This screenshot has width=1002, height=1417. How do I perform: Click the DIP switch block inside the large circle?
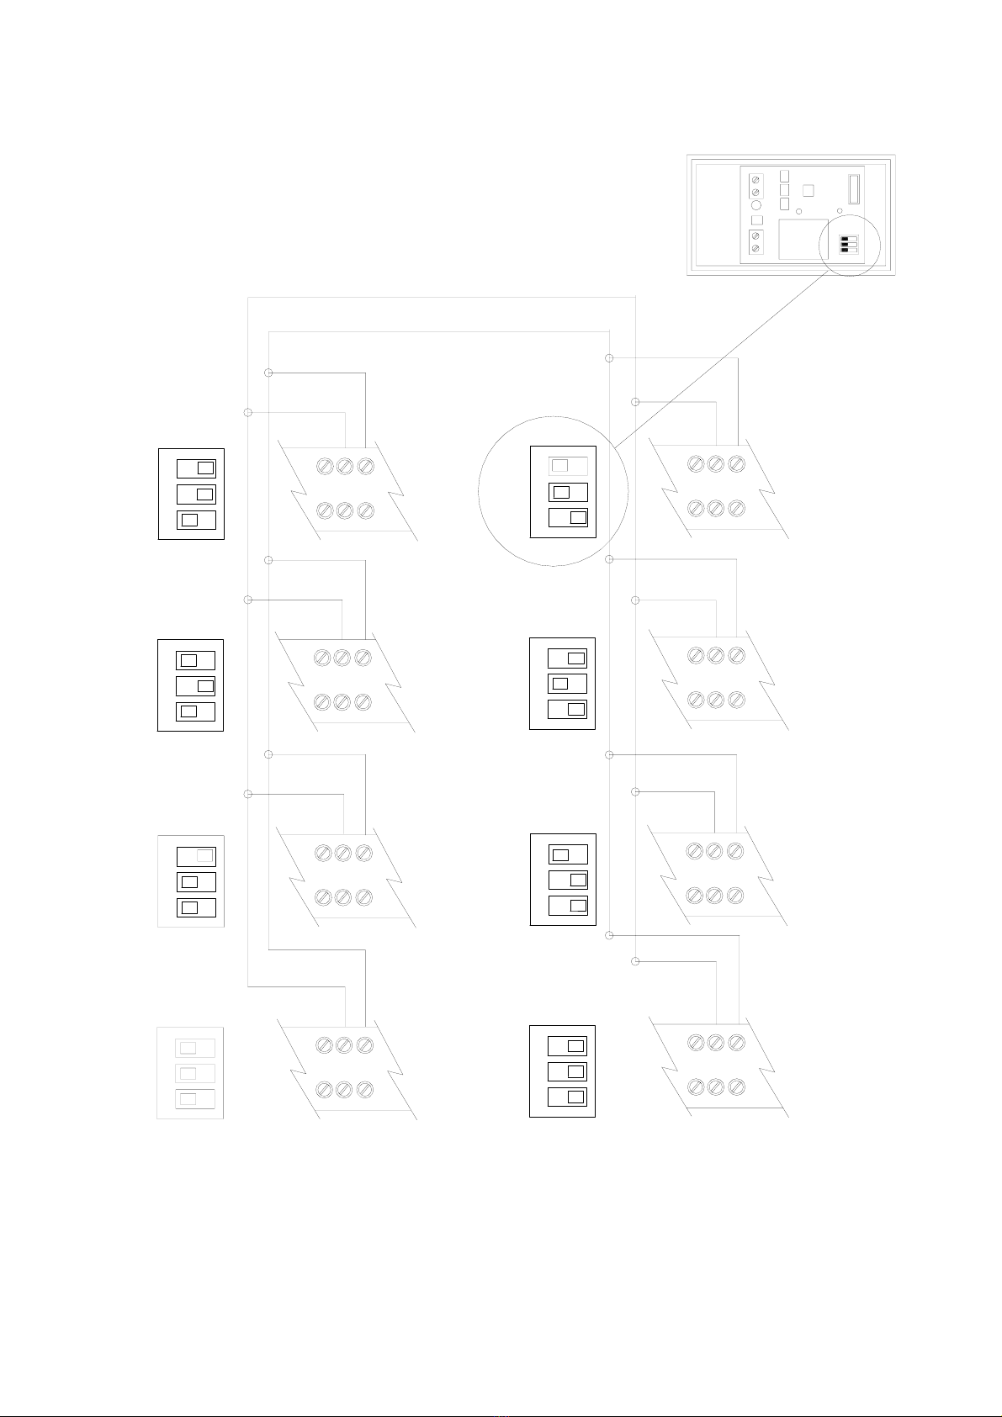coord(563,492)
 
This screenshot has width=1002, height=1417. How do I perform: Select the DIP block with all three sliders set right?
coord(562,1071)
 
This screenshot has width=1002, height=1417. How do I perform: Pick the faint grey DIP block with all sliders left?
coord(190,1073)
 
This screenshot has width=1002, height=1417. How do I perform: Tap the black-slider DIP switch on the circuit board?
coord(849,244)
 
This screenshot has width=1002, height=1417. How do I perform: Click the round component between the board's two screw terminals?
coord(755,205)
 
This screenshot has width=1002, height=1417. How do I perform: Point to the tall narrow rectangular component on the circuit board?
coord(853,188)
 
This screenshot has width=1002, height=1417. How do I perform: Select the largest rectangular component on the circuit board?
coord(803,240)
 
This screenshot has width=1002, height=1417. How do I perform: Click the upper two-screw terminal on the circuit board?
coord(755,186)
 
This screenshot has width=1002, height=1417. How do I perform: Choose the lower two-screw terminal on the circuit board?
coord(755,241)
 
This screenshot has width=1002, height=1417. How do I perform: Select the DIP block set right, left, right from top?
coord(562,684)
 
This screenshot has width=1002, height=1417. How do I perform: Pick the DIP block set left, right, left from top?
coord(191,685)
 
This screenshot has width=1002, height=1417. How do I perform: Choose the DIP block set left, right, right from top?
coord(563,880)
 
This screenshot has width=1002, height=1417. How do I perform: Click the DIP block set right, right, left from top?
coord(192,494)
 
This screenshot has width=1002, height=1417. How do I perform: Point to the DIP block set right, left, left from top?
coord(191,881)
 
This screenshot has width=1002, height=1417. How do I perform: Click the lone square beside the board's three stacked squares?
coord(808,190)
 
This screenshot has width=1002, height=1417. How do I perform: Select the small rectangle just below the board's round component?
coord(755,220)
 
